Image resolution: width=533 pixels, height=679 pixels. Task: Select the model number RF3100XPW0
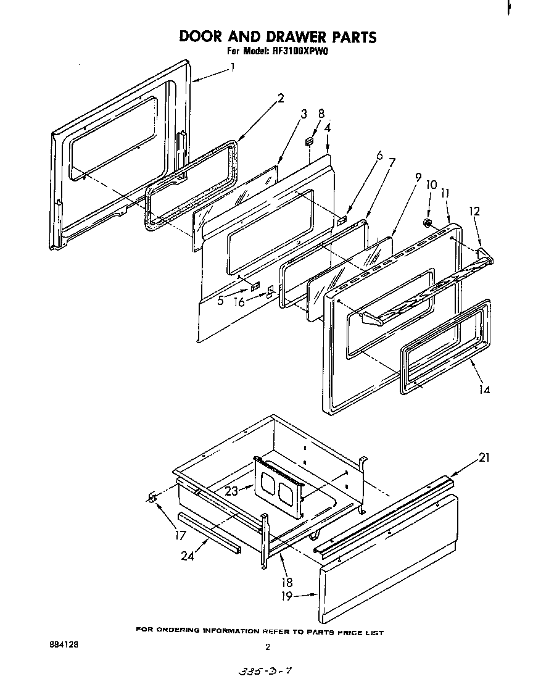[299, 52]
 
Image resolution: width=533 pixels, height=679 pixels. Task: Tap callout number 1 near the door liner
[233, 67]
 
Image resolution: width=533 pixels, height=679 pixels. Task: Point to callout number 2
[281, 98]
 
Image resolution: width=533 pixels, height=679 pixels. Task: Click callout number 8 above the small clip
[321, 114]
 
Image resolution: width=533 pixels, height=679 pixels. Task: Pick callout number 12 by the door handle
[474, 212]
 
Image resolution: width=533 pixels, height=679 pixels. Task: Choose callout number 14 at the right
[484, 389]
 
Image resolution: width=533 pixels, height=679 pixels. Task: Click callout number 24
[188, 556]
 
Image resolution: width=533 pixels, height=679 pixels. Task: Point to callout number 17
[180, 535]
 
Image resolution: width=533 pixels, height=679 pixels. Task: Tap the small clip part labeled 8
[310, 141]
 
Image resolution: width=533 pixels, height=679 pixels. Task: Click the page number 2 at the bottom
[267, 648]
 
